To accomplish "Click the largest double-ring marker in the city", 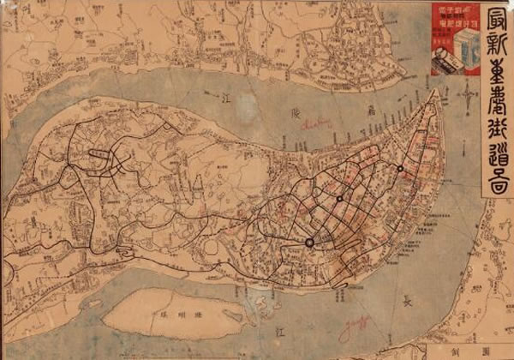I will (309, 243).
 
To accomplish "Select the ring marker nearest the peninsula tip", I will (400, 169).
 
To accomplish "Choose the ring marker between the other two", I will (340, 199).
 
